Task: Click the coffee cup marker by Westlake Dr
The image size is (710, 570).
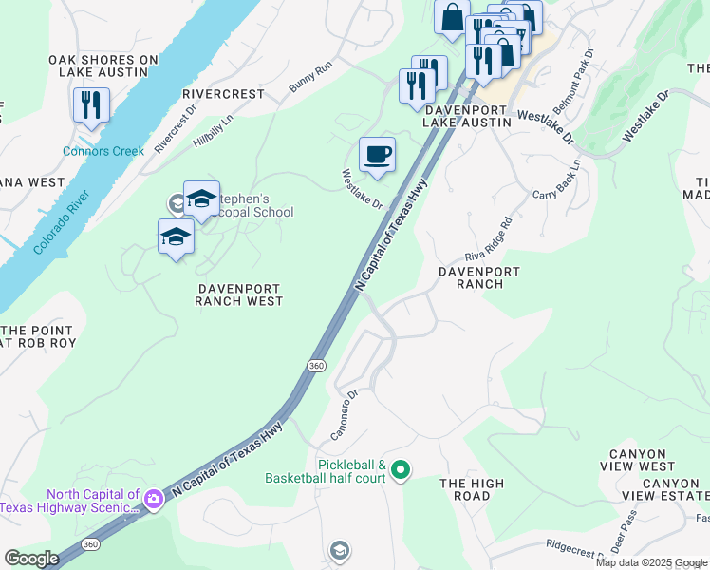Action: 377,154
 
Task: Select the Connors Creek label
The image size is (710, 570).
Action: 103,151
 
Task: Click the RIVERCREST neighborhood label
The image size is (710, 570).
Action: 222,95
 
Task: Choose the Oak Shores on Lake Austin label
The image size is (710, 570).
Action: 103,66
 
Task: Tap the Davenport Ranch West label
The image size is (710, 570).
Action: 239,294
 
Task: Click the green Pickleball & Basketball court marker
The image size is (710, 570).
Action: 401,469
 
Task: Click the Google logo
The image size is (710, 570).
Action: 31,559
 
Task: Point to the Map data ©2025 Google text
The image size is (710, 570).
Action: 651,562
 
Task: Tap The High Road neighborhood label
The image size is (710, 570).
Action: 472,490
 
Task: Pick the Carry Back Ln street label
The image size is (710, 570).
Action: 556,180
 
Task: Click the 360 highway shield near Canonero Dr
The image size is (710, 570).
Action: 316,365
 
